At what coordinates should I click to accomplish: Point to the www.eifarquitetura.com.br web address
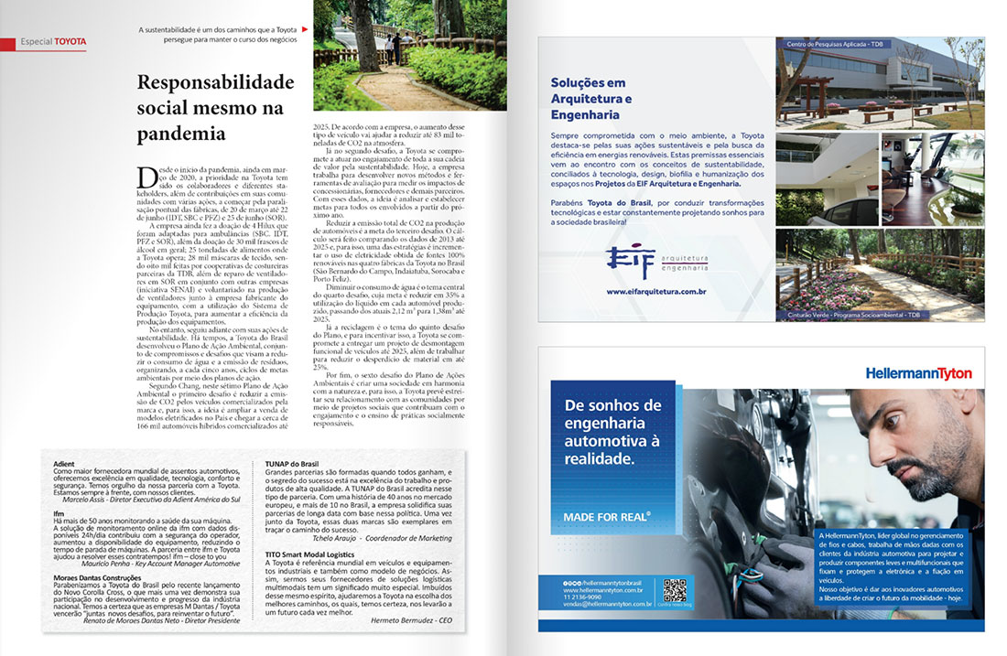655,292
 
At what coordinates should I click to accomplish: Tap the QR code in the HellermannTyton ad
674,591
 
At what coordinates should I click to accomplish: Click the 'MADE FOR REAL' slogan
607,518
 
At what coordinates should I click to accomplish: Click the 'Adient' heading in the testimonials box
64,463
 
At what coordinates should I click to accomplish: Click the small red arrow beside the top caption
304,29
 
